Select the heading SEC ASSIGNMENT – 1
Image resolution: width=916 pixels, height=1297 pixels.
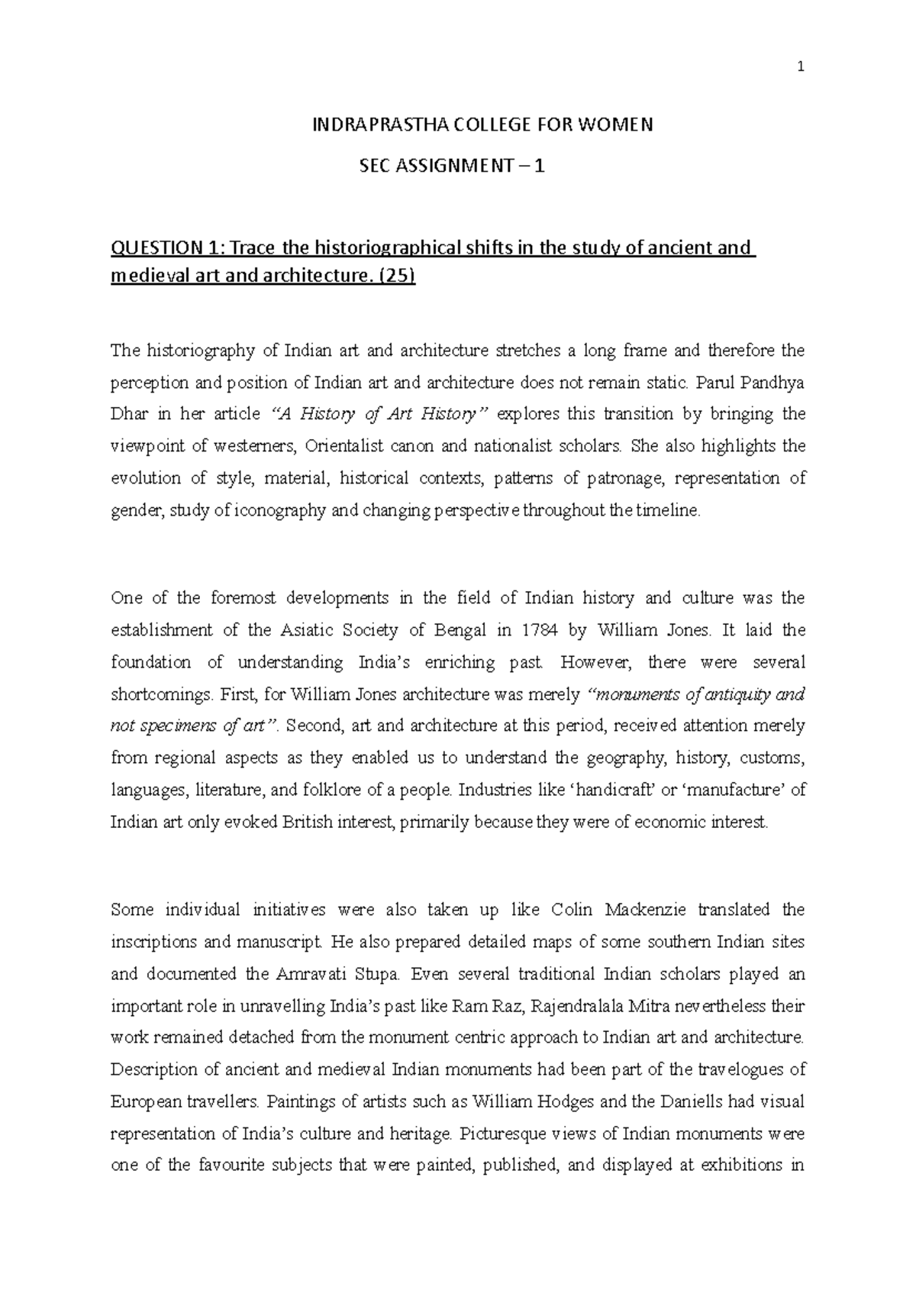point(452,166)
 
